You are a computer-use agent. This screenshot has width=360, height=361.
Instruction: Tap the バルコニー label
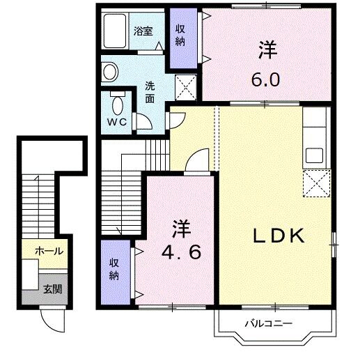[x=267, y=323]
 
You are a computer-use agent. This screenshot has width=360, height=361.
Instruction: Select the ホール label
[x=49, y=251]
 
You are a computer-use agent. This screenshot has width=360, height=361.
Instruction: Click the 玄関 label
[x=52, y=289]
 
